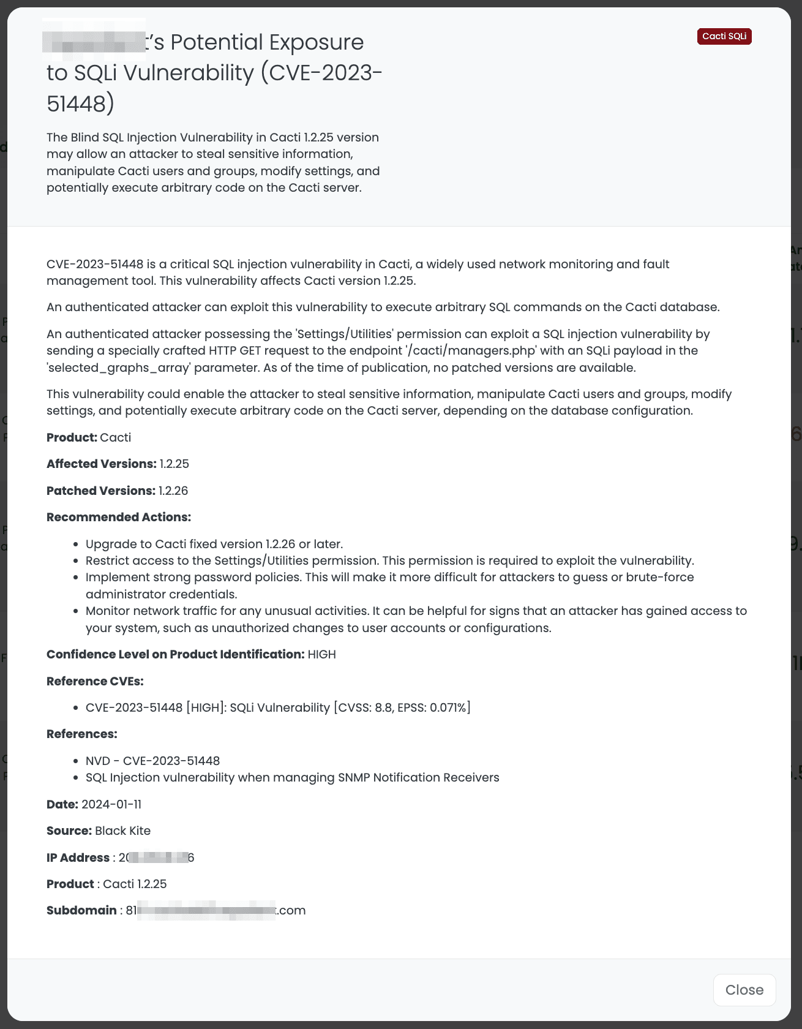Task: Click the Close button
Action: pyautogui.click(x=744, y=990)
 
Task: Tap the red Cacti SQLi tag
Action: pyautogui.click(x=724, y=37)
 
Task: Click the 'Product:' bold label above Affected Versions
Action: pyautogui.click(x=72, y=437)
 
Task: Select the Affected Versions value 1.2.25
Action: pyautogui.click(x=174, y=464)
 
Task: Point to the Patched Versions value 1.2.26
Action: pyautogui.click(x=173, y=491)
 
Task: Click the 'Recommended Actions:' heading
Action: pyautogui.click(x=119, y=518)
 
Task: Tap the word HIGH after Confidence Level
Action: pyautogui.click(x=321, y=655)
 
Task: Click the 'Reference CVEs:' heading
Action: pyautogui.click(x=95, y=681)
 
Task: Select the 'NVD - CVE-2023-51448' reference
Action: pyautogui.click(x=152, y=761)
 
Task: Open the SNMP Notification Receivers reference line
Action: pyautogui.click(x=292, y=778)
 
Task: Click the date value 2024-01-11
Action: pyautogui.click(x=111, y=804)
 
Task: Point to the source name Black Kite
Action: pyautogui.click(x=122, y=831)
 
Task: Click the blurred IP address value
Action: pyautogui.click(x=157, y=858)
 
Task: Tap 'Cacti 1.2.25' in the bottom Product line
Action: pyautogui.click(x=135, y=884)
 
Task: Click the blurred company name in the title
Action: pyautogui.click(x=95, y=42)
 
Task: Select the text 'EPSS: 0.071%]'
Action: pyautogui.click(x=434, y=708)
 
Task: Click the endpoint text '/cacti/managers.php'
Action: pyautogui.click(x=470, y=351)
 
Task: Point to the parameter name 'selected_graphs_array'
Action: pyautogui.click(x=110, y=367)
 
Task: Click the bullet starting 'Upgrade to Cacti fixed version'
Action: pyautogui.click(x=214, y=545)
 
